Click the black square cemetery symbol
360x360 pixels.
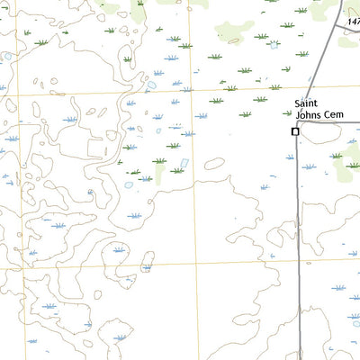294,131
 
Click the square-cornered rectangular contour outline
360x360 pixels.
99,148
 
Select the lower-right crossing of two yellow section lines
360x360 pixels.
200,265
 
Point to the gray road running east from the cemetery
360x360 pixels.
333,123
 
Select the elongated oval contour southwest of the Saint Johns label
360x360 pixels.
214,164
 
